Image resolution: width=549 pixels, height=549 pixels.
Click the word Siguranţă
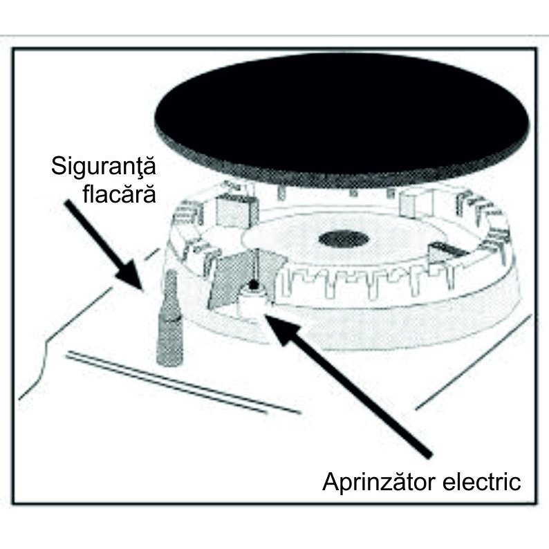[104, 167]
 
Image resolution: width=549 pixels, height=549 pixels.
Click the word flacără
[119, 194]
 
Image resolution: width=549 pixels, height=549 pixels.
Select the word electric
[482, 482]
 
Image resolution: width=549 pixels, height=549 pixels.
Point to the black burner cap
[342, 119]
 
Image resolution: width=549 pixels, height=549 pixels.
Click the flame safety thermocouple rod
[169, 318]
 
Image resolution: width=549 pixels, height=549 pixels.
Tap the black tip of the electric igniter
[253, 286]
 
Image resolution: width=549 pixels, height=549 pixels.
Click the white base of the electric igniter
[252, 301]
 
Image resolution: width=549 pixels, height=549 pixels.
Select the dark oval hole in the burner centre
[344, 239]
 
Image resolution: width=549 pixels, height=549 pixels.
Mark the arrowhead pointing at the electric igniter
[281, 327]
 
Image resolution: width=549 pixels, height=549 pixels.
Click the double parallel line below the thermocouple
[183, 382]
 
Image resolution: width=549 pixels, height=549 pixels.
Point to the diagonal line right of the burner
[474, 362]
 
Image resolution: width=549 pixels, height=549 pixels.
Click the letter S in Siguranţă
[59, 167]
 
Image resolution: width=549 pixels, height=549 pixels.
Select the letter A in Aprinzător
[331, 482]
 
